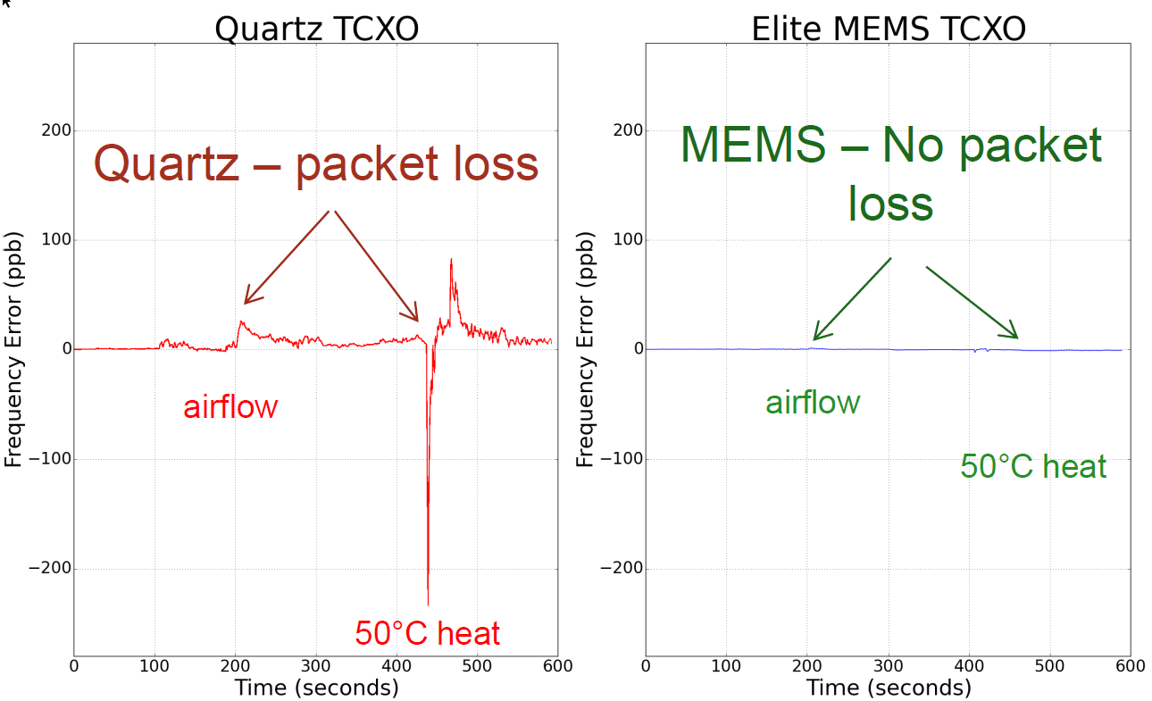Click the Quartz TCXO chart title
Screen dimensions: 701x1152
316,29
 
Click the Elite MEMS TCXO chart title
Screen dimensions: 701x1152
888,29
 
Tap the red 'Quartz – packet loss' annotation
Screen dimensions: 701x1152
316,164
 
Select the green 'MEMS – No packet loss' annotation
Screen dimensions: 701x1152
890,173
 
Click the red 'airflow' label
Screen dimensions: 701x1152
230,407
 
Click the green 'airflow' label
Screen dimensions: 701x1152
812,403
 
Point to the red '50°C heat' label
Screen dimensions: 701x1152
427,633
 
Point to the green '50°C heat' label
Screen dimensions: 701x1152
1033,466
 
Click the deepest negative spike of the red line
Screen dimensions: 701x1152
428,604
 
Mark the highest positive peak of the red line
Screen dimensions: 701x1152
451,260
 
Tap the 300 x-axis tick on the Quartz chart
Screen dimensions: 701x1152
316,665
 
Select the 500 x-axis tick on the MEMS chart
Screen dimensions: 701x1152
1049,665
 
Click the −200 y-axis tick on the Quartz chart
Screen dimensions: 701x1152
50,569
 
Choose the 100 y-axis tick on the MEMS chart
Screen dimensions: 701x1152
626,240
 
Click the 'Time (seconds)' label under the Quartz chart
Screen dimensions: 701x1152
316,688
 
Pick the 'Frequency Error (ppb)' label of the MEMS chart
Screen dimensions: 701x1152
584,349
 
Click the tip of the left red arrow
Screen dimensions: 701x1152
244,304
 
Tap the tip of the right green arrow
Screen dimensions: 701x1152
1018,338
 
